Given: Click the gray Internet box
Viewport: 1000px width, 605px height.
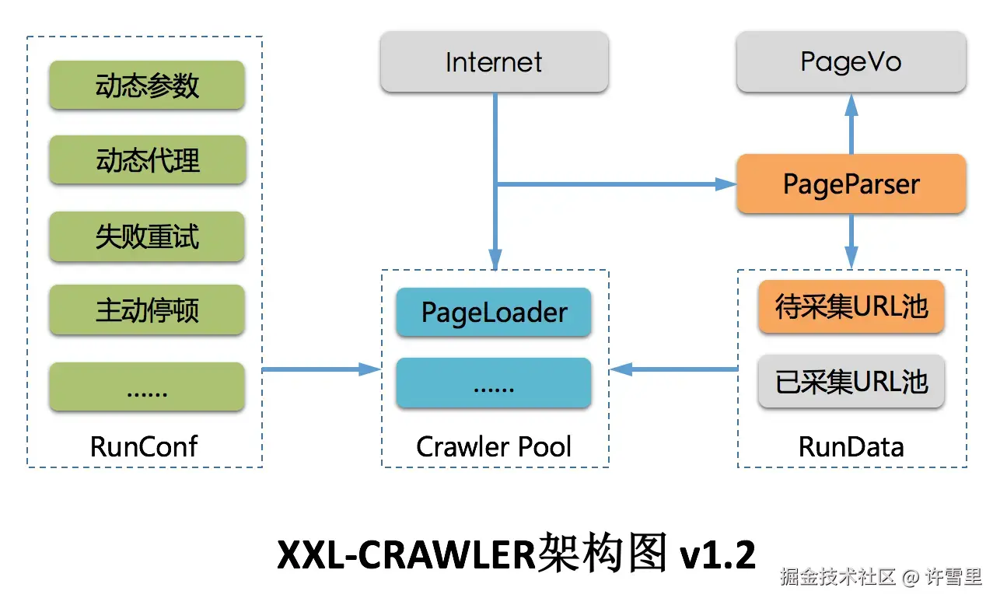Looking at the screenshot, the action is click(x=495, y=61).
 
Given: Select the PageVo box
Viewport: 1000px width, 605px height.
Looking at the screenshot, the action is click(x=851, y=61).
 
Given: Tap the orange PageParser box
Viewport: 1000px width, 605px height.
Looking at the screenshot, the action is click(x=851, y=184).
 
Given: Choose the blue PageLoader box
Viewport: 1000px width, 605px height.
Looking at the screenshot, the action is click(x=494, y=312).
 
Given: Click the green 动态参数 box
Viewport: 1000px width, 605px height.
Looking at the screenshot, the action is click(x=147, y=85).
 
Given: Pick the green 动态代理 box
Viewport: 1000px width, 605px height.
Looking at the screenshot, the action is click(x=147, y=159).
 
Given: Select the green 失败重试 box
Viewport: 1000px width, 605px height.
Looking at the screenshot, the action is click(x=147, y=236).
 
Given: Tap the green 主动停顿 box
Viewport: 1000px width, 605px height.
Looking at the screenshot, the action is click(x=147, y=309).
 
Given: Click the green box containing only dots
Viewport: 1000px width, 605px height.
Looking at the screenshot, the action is click(x=147, y=386).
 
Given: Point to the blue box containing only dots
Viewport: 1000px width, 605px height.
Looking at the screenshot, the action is click(x=494, y=383).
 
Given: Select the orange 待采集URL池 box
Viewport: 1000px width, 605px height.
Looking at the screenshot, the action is click(x=851, y=306).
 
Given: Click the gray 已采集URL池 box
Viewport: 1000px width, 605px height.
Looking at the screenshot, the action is click(x=851, y=381).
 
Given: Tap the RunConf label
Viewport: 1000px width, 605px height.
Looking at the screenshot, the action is click(x=144, y=446).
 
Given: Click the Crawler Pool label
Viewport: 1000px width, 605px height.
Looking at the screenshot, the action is click(x=494, y=446).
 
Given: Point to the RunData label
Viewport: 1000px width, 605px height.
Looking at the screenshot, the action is click(x=851, y=446).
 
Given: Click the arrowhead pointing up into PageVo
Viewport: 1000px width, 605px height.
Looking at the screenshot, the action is click(x=851, y=106).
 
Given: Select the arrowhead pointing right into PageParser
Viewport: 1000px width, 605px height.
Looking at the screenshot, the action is click(x=726, y=184).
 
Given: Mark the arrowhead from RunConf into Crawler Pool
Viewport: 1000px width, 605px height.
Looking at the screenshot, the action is click(x=369, y=369).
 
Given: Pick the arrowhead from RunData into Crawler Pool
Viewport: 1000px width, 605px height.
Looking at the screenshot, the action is click(x=621, y=369).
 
